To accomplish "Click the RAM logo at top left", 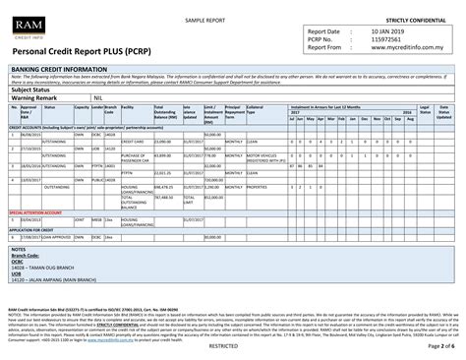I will [x=27, y=27].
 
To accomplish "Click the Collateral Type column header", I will [x=258, y=111].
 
